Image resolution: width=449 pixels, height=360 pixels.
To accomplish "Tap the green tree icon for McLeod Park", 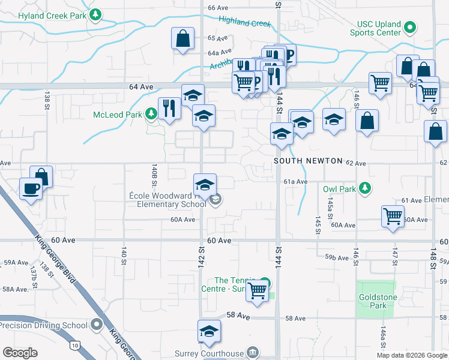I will [x=150, y=114].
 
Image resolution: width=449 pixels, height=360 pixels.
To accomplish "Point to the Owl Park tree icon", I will [x=364, y=189].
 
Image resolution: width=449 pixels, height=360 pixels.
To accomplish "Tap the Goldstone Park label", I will [x=376, y=301].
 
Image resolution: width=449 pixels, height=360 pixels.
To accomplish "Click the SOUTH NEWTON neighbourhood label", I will [x=308, y=162].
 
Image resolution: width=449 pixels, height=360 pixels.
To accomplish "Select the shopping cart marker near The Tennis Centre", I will [x=258, y=290].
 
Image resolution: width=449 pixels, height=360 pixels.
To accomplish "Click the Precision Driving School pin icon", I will [x=97, y=325].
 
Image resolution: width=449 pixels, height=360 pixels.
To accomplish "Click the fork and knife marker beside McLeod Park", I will [x=169, y=108].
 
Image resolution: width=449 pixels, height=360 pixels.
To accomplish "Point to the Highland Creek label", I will [x=245, y=22].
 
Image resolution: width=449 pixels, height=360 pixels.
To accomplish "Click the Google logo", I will [x=20, y=353].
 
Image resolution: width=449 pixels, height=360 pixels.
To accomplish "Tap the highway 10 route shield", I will [x=74, y=345].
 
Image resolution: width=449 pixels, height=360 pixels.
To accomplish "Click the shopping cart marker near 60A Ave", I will [x=393, y=215].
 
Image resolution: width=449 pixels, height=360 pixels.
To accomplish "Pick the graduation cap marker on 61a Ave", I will [x=205, y=185].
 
